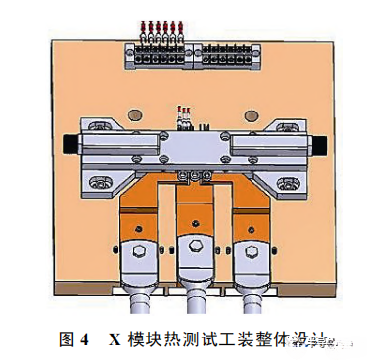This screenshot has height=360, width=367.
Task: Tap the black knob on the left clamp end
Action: point(68,145)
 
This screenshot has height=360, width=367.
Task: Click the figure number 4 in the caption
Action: point(86,339)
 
